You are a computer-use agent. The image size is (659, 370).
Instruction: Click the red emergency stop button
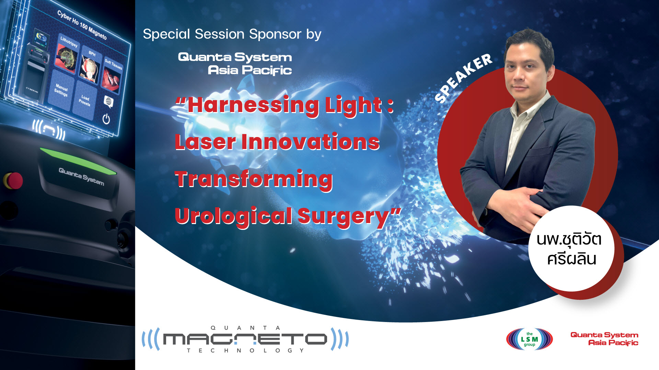pos(13,181)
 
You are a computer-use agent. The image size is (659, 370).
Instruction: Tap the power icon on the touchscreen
pos(106,119)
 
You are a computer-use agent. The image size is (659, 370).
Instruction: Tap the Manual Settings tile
pos(61,90)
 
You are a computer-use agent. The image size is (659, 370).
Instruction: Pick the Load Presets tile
pos(84,100)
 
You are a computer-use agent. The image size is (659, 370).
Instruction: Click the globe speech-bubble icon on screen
pos(108,101)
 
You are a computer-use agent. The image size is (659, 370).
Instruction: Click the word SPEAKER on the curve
pos(463,78)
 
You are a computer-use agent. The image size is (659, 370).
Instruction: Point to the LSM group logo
pos(529,339)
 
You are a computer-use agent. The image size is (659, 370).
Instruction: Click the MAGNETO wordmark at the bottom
pos(245,339)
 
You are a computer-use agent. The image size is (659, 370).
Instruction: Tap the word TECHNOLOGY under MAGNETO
pos(245,350)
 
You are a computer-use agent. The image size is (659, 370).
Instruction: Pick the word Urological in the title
pos(233,216)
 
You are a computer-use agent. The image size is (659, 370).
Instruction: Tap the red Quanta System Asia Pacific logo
pos(604,339)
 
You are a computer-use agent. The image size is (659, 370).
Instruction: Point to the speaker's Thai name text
pos(569,249)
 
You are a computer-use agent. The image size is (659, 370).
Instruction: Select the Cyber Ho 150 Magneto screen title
pos(82,25)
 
